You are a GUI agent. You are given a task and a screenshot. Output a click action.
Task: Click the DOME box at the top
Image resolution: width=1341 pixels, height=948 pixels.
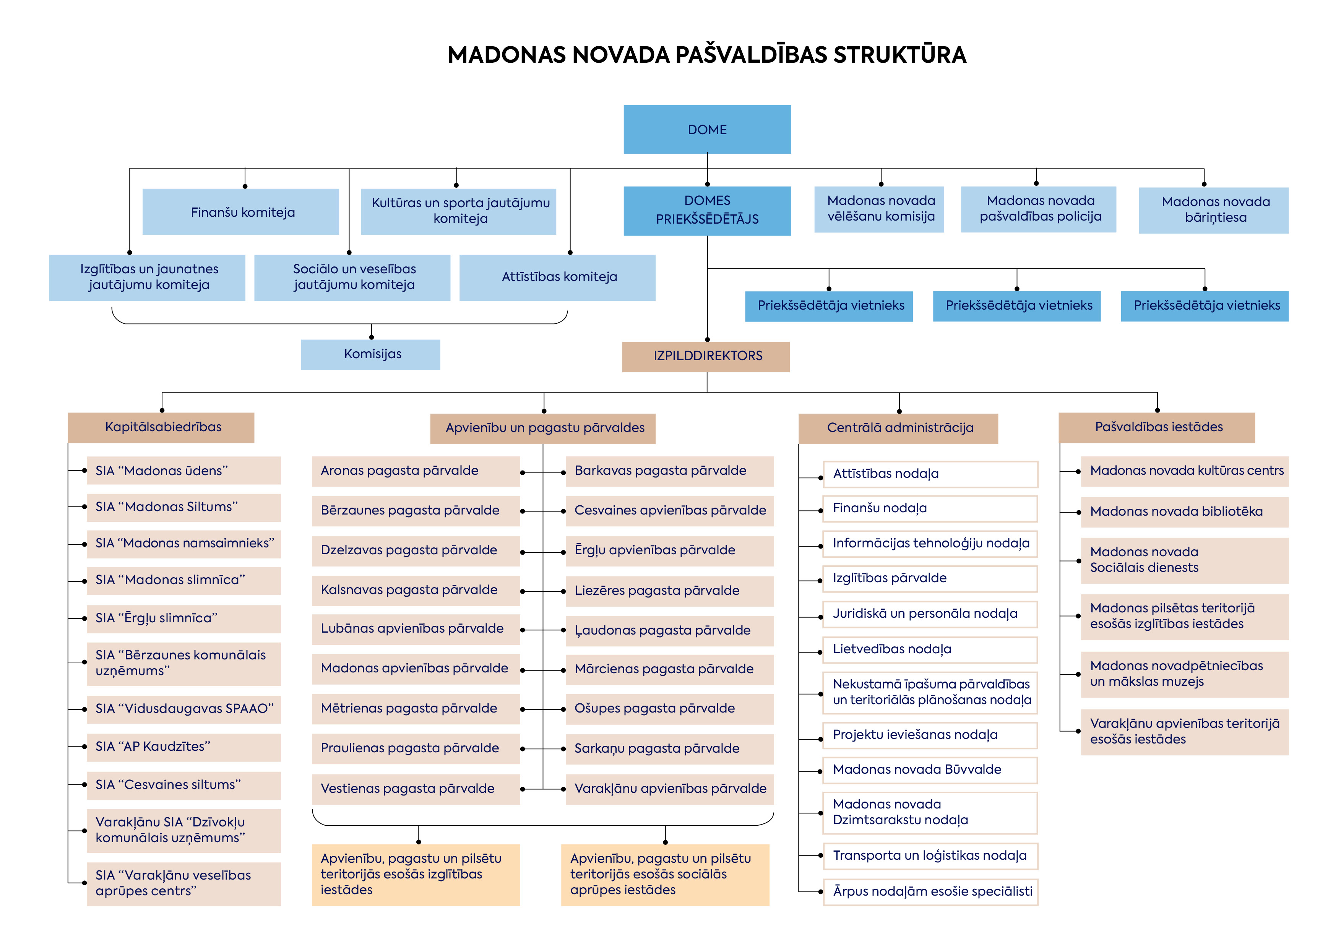(707, 129)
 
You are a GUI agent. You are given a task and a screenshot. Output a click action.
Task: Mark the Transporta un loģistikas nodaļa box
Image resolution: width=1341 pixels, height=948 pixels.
(930, 856)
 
